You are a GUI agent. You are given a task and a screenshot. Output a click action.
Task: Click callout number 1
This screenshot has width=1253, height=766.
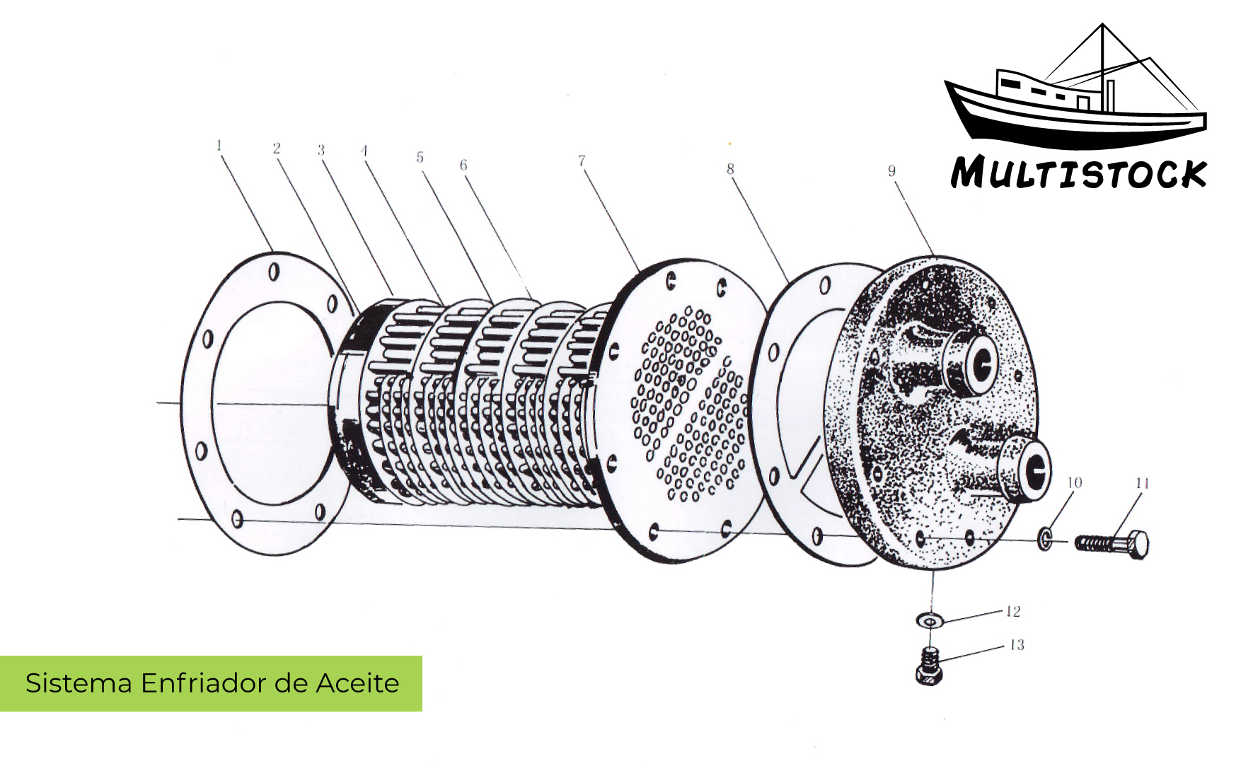click(x=219, y=145)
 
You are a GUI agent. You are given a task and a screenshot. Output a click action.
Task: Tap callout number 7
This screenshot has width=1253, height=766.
click(x=582, y=161)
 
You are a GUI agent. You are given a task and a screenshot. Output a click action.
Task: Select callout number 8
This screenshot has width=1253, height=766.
click(x=730, y=168)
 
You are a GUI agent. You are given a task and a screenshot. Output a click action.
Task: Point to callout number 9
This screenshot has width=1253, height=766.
click(x=891, y=170)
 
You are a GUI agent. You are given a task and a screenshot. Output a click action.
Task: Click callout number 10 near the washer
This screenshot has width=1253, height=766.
click(x=1074, y=482)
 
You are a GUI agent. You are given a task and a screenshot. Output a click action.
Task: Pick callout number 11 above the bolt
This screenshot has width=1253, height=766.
click(x=1142, y=483)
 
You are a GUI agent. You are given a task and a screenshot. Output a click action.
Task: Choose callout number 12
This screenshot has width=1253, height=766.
click(x=1012, y=611)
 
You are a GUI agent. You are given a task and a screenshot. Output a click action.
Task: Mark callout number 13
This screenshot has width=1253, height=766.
click(x=1016, y=644)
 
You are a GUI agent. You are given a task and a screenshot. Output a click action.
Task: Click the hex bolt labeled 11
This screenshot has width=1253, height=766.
click(x=1111, y=544)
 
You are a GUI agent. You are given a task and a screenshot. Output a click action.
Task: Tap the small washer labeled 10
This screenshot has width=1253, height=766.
click(x=1045, y=539)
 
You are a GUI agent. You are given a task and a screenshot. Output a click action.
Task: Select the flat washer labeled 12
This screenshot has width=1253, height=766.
click(x=930, y=620)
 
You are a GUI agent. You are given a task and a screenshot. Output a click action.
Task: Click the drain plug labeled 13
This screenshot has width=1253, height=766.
click(x=929, y=666)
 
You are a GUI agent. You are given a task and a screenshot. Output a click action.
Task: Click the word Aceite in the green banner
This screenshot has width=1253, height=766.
click(x=357, y=683)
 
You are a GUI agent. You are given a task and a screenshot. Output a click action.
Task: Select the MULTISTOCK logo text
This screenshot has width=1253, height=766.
click(x=1078, y=173)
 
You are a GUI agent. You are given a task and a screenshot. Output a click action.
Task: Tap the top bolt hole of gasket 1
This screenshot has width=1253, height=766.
click(x=275, y=272)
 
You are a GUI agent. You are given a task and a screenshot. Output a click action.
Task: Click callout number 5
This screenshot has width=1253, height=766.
click(x=420, y=157)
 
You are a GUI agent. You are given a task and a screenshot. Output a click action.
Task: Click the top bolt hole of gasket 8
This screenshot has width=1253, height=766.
click(x=825, y=286)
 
